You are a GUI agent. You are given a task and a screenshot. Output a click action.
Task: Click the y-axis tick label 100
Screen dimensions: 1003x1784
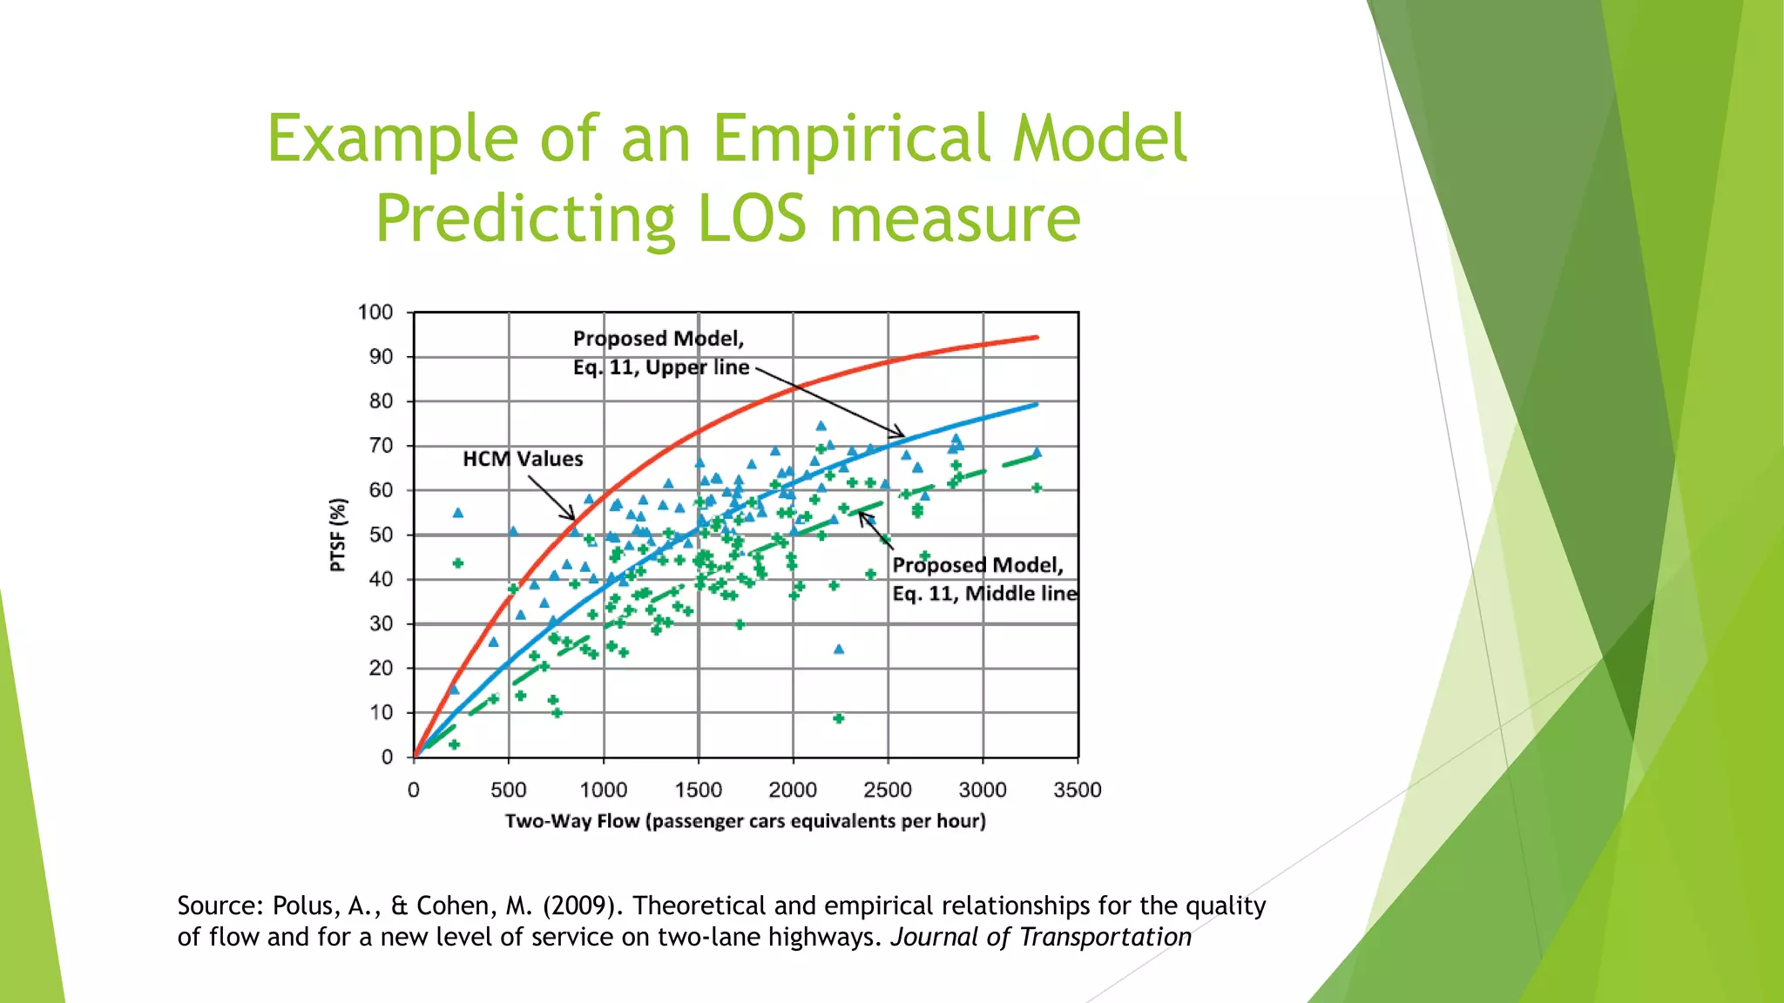[x=375, y=313]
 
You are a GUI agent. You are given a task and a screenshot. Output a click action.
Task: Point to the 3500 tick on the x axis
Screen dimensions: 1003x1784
[x=1078, y=791]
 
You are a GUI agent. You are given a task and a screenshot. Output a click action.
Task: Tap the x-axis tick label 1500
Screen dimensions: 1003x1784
[x=698, y=791]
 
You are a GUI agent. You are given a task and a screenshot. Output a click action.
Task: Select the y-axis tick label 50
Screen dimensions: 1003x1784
[x=381, y=535]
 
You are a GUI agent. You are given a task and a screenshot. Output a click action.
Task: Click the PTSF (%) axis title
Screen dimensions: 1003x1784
[x=338, y=535]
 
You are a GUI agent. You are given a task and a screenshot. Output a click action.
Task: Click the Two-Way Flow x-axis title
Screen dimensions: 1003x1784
[x=745, y=821]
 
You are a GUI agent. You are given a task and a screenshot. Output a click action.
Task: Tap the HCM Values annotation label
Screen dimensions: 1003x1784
[x=523, y=459]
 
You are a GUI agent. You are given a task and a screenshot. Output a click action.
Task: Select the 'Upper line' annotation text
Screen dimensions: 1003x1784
[x=696, y=367]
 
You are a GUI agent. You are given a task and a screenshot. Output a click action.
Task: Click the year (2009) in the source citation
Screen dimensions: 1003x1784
[x=583, y=906]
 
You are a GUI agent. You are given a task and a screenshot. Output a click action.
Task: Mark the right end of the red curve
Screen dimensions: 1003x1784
[x=1037, y=337]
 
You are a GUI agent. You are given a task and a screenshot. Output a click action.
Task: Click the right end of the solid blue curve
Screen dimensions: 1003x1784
[x=1037, y=404]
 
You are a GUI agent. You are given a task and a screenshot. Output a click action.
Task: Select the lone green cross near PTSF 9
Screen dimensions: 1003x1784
[x=839, y=718]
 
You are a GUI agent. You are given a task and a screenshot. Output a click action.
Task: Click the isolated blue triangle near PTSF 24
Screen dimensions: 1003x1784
[x=839, y=650]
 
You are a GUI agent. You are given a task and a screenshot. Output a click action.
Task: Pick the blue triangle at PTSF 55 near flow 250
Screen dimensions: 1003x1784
[x=458, y=513]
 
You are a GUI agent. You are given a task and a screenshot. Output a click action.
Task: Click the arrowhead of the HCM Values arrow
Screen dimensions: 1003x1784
[x=573, y=519]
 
